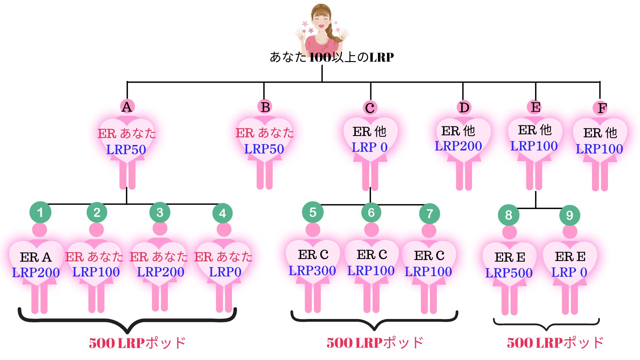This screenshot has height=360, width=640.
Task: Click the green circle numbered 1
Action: [40, 212]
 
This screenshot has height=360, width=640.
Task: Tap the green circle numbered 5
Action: [313, 212]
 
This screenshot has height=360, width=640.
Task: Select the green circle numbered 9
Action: [570, 215]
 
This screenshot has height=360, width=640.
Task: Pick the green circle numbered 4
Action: [222, 213]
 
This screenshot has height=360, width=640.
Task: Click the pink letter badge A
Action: [127, 107]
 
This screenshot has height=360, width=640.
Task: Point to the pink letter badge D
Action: [464, 108]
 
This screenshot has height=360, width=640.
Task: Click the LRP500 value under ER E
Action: [509, 273]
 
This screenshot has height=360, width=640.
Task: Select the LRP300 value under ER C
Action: [312, 271]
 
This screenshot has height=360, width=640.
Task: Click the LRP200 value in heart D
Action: [458, 146]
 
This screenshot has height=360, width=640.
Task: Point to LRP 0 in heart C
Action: [369, 147]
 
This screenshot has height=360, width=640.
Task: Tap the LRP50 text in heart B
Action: [264, 149]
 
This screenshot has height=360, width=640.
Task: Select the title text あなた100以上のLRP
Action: [332, 57]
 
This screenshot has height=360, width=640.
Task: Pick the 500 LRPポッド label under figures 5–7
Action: [375, 343]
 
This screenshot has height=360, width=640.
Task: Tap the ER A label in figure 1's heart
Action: [36, 257]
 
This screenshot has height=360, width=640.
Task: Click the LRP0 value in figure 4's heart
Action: [225, 272]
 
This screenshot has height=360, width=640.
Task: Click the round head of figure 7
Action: [429, 231]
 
